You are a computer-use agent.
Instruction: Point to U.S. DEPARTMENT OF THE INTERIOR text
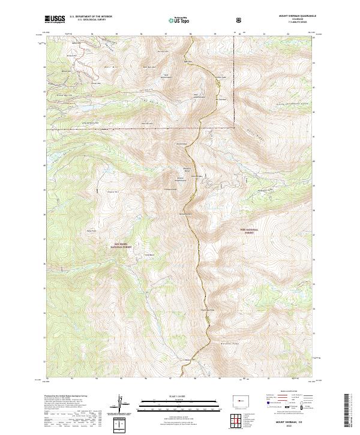pos(91,17)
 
